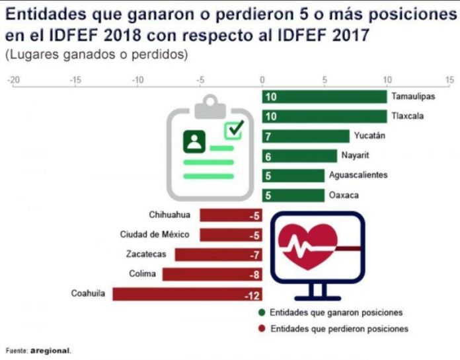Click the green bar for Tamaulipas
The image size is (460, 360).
tap(325, 97)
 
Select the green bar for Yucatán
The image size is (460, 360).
tap(306, 136)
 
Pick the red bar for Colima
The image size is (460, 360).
tap(212, 274)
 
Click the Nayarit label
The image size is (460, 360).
tap(355, 156)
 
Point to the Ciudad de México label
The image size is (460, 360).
tap(155, 234)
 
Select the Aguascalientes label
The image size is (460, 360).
tap(367, 176)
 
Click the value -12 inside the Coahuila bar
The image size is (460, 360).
tap(252, 295)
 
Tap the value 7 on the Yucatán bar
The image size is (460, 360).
tap(268, 136)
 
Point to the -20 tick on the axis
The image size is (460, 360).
tap(13, 80)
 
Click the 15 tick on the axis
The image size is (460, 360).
tap(450, 80)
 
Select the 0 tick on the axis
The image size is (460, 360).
tap(263, 80)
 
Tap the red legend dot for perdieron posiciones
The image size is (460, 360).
tap(262, 328)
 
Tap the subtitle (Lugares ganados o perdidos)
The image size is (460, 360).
tap(96, 55)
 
